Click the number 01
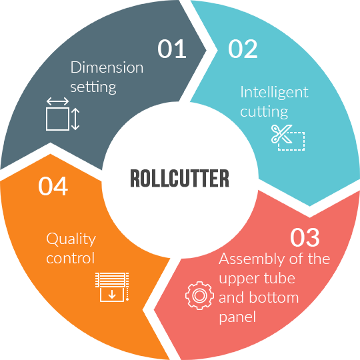172,49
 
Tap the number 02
243,49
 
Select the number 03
305,237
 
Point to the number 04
53,186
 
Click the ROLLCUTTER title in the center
180,178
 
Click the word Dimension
107,67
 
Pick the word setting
93,87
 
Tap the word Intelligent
274,93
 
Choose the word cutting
264,112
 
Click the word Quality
71,239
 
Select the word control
70,258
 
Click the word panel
237,317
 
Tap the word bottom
274,297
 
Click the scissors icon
281,134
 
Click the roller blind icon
112,287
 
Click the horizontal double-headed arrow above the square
57,101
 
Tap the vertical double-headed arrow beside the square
75,119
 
